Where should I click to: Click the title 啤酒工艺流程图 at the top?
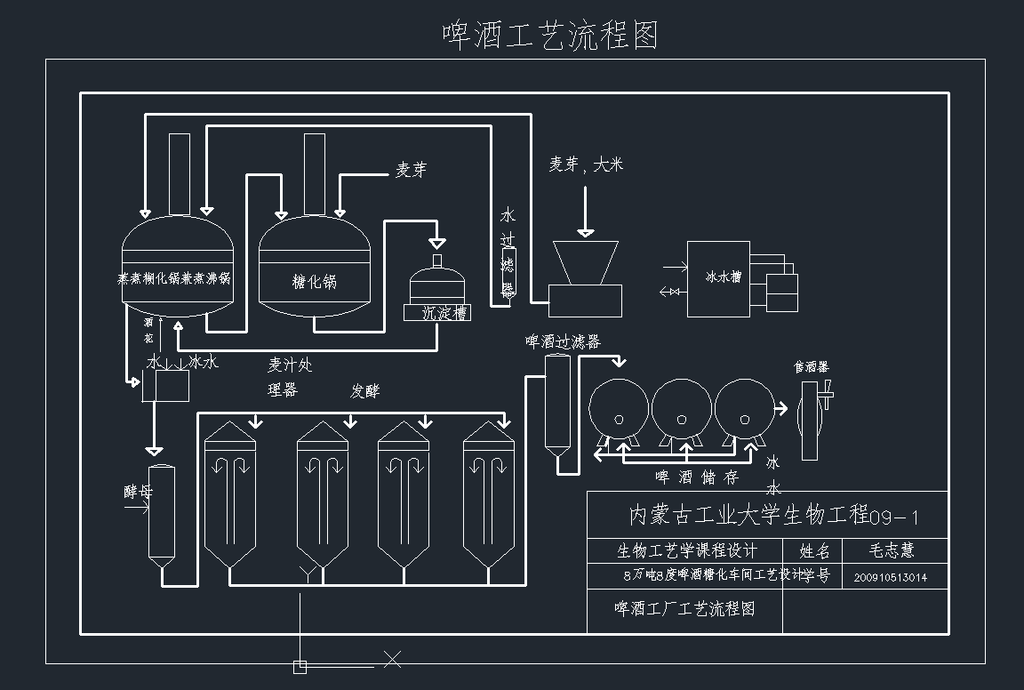click(550, 35)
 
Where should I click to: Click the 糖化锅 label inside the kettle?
click(315, 282)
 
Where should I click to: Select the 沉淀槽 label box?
click(436, 313)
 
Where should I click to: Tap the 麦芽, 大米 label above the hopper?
click(586, 164)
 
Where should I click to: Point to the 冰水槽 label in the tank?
click(723, 277)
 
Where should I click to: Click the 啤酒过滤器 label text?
click(563, 342)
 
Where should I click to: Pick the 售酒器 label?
click(811, 366)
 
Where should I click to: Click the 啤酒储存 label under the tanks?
click(698, 477)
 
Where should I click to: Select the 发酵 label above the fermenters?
click(365, 391)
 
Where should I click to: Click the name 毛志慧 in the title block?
click(891, 550)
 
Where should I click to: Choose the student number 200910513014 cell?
click(891, 577)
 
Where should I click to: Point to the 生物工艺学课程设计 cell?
click(687, 550)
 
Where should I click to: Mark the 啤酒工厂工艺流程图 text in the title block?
click(684, 609)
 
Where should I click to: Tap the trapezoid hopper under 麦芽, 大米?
click(585, 263)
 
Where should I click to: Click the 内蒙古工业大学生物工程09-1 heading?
click(773, 516)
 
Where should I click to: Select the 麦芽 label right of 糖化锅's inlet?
click(411, 170)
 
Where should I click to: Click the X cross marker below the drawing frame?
click(392, 659)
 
